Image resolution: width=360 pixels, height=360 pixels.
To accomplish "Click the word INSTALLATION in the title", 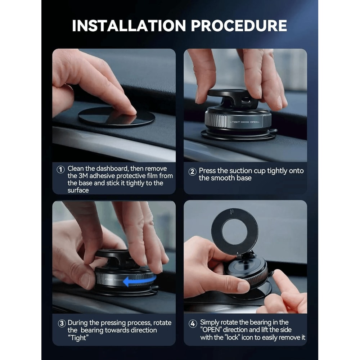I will [x=129, y=26].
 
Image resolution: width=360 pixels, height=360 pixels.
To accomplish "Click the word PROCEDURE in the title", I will [x=239, y=26].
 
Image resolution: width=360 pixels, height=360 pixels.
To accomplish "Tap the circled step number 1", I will [x=61, y=169].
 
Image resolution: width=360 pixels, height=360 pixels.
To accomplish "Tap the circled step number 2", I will [x=192, y=172].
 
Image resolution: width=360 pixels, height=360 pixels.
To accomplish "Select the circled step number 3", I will [x=62, y=323].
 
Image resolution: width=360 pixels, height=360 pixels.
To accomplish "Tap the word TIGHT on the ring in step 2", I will [x=236, y=122].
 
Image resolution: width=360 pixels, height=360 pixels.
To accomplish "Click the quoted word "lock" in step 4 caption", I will [x=238, y=338].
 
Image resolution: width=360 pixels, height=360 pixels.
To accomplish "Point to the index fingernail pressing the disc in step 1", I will [x=130, y=110].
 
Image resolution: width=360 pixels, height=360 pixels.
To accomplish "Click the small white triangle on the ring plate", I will [x=238, y=253].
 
